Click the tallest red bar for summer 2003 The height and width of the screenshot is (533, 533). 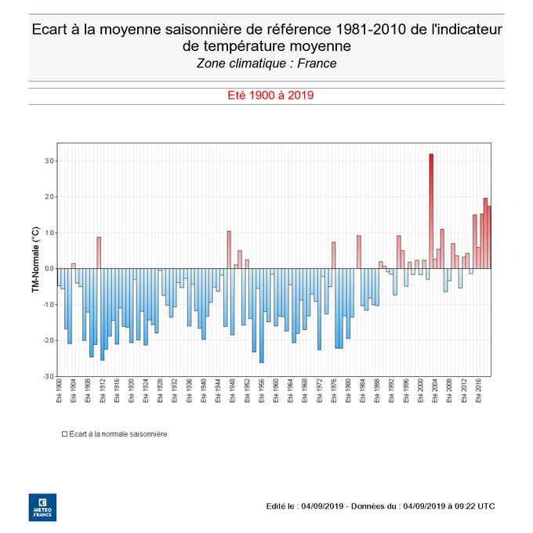tap(431, 212)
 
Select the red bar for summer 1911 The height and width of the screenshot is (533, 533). tap(99, 252)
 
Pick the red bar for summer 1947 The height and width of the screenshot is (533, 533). tap(229, 249)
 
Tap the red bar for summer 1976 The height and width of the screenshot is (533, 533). tap(333, 255)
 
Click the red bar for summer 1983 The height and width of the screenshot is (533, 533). tap(359, 252)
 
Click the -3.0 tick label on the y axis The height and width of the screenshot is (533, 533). tap(49, 376)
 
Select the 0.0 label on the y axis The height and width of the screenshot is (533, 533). tap(49, 269)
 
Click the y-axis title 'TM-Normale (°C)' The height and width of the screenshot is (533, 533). tap(35, 259)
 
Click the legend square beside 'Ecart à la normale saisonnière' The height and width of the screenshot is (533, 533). tap(64, 433)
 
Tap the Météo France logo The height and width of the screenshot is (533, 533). tap(42, 506)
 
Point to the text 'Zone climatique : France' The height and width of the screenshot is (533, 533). tap(266, 63)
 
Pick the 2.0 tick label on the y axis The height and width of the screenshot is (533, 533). tap(49, 197)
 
